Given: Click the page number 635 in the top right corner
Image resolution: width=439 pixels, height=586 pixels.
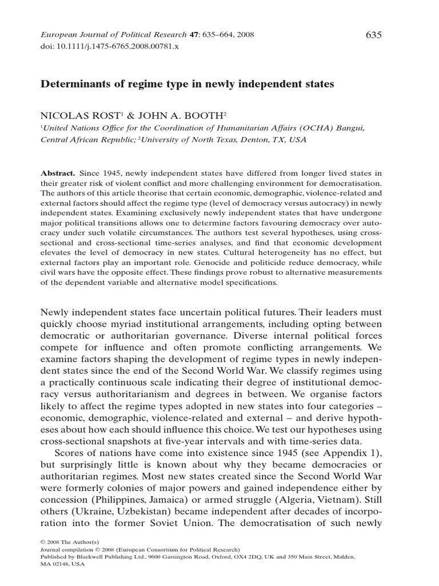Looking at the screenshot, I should coord(373,35).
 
